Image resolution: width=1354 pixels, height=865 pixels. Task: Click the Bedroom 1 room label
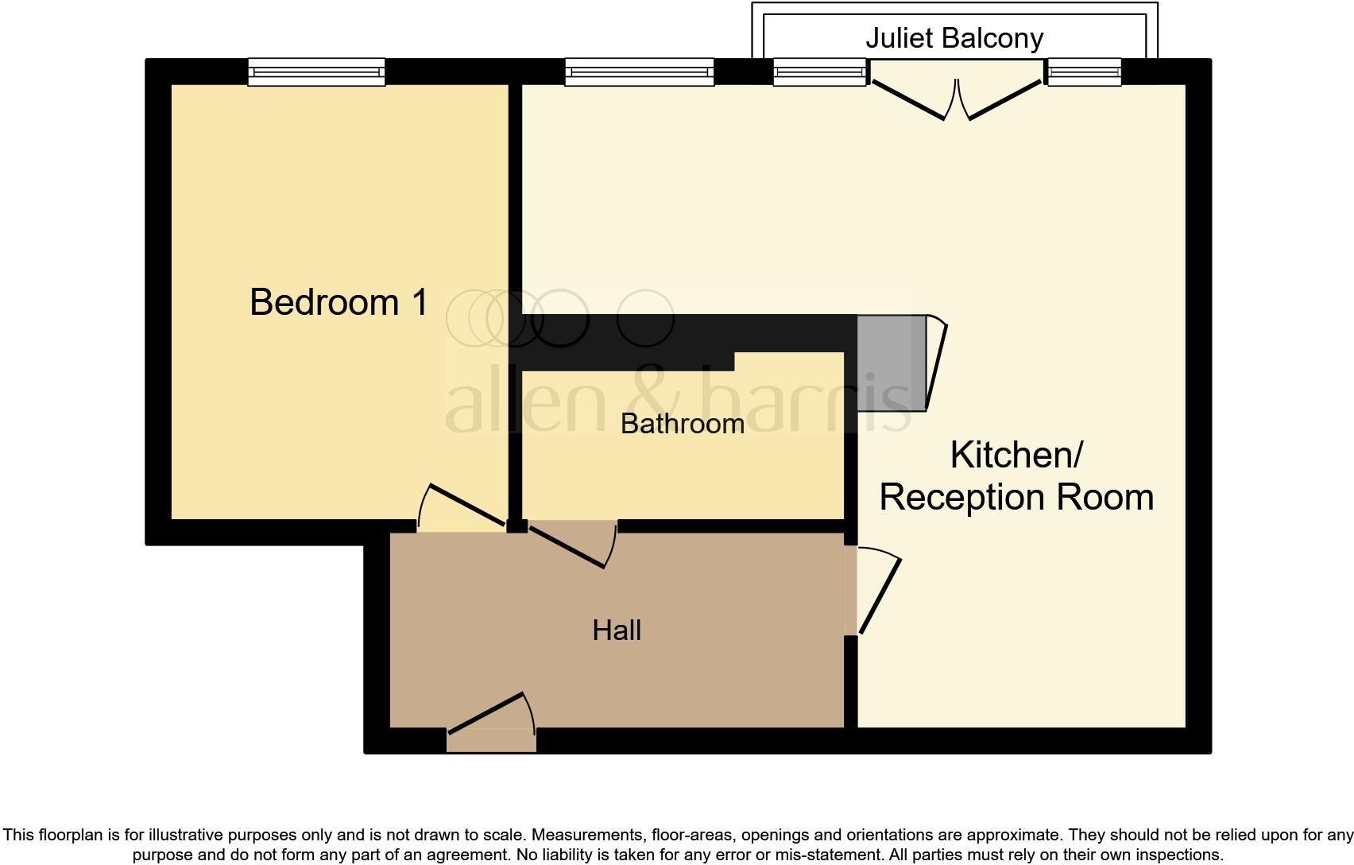click(338, 302)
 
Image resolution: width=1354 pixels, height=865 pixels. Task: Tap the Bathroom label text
click(683, 424)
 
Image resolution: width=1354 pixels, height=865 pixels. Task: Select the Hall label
click(617, 630)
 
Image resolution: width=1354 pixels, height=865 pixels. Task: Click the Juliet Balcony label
click(954, 38)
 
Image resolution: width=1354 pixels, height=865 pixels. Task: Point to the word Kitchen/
click(1017, 455)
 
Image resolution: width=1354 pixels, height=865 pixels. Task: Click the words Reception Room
click(1017, 497)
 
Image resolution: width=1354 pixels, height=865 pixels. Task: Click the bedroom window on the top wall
click(317, 72)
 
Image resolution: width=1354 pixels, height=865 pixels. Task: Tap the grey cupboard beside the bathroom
click(892, 363)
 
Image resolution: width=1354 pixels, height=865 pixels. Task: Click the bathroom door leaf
click(567, 548)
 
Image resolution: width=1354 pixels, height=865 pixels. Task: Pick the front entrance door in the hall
click(485, 713)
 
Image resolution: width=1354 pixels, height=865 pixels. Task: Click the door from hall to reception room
click(880, 596)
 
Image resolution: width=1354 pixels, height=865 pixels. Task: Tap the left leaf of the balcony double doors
click(908, 100)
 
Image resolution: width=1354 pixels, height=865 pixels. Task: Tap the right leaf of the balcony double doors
click(1004, 100)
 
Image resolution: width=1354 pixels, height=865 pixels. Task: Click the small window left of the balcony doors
click(820, 72)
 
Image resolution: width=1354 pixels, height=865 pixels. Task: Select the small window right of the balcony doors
click(1085, 72)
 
